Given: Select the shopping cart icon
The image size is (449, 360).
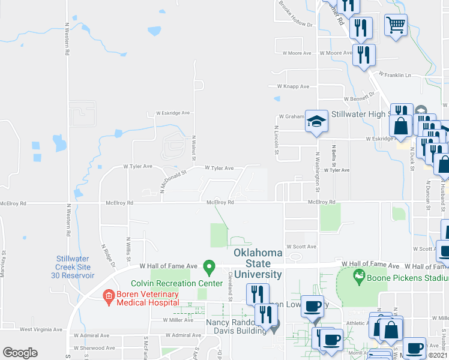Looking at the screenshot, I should (x=396, y=25).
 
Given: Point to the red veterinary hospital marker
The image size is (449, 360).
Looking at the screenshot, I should (x=108, y=295).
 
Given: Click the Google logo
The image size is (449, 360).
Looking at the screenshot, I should (x=20, y=353).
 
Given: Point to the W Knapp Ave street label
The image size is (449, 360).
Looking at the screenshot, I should (x=293, y=86).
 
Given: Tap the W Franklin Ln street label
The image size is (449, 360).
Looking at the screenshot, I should (x=394, y=76).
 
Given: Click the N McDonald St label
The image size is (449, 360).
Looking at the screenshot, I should (x=173, y=181).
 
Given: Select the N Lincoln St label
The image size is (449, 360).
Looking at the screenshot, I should (x=277, y=139).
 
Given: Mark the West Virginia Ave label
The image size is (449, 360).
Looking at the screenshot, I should (x=42, y=329).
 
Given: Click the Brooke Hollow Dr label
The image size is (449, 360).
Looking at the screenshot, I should (x=297, y=14).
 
